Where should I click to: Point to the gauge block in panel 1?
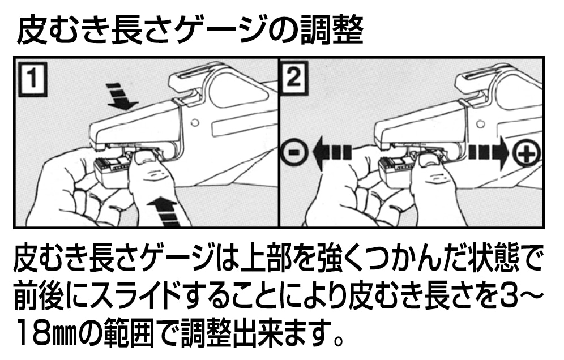coord(113,170)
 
